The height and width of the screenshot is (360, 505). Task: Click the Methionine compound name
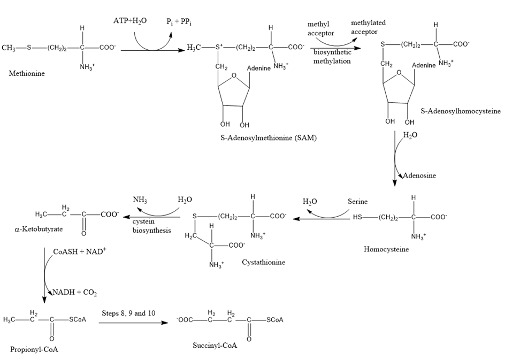click(x=27, y=73)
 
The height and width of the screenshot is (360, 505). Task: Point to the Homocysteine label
click(x=386, y=249)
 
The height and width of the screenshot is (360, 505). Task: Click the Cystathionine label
click(x=263, y=262)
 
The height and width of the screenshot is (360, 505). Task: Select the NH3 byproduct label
click(x=141, y=200)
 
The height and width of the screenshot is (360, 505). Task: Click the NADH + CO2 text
click(x=74, y=293)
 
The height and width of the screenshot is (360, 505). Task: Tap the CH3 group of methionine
click(x=9, y=48)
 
